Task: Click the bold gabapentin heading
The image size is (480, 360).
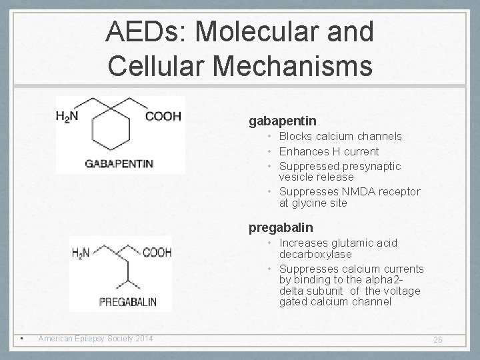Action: (283, 121)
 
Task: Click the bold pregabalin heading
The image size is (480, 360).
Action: (281, 228)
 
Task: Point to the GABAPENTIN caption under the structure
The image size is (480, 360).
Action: (119, 163)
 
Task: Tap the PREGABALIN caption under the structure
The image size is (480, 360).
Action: (128, 302)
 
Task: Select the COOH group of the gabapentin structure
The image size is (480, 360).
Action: (163, 117)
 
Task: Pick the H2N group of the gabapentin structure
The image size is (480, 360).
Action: (67, 117)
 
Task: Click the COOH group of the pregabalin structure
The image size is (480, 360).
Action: (157, 253)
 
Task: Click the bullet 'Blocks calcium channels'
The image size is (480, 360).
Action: (340, 137)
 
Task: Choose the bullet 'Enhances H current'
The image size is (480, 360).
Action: (329, 151)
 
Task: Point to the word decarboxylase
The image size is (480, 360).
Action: (315, 254)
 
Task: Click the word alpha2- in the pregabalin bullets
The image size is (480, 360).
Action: (403, 280)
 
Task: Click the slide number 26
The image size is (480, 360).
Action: (438, 340)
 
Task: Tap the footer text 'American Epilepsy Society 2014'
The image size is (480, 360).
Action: (95, 339)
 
